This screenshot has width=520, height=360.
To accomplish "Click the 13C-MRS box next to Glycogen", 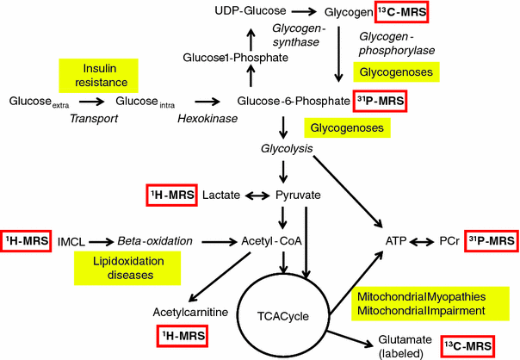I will point(401,14).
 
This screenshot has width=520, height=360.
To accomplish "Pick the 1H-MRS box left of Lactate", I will point(170,196).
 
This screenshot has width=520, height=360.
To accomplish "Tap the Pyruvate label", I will point(297,196).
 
